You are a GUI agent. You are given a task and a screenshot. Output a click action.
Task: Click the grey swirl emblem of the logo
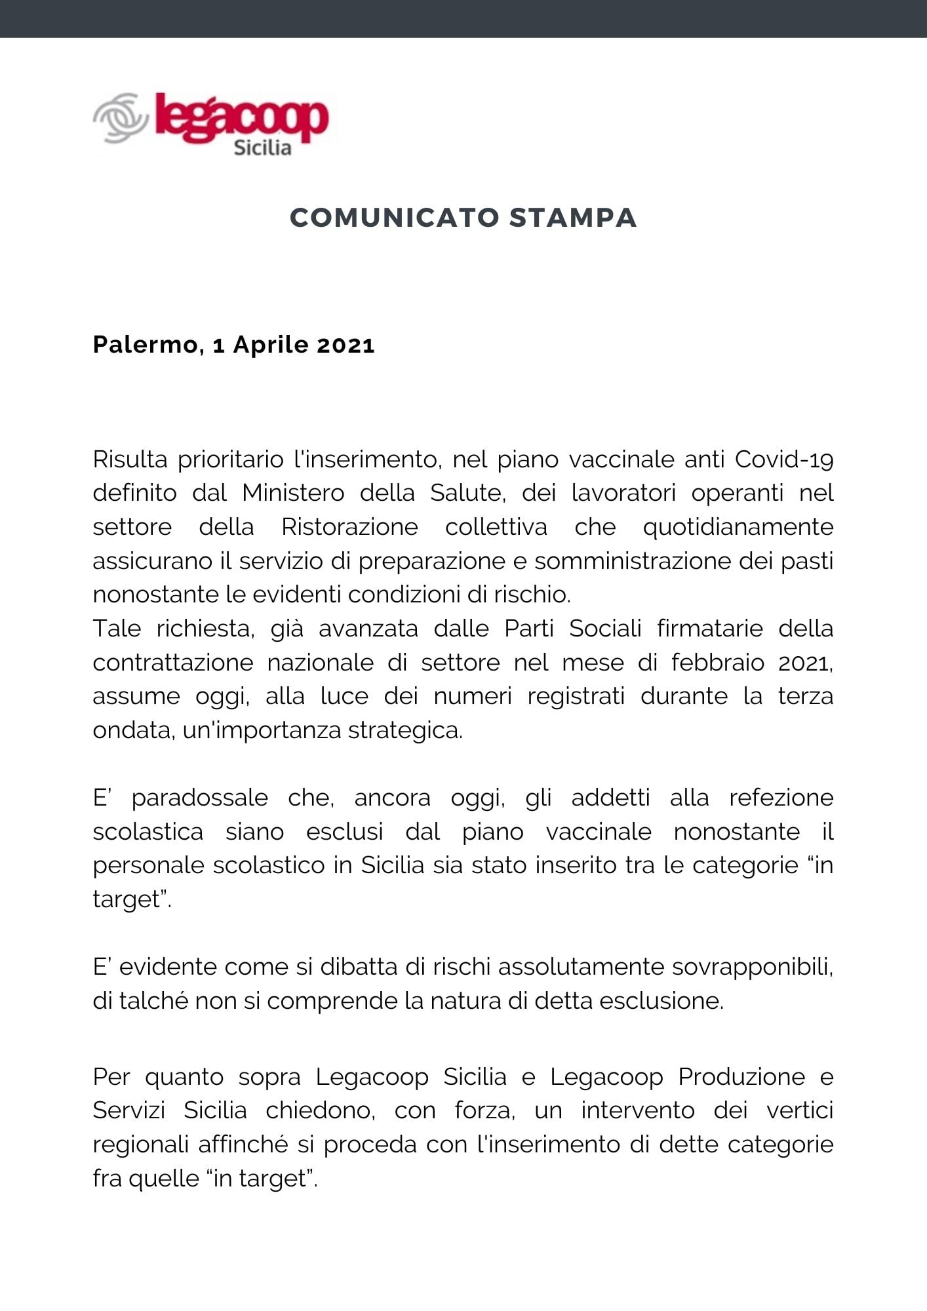120,119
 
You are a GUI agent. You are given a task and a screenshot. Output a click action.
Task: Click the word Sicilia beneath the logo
262,147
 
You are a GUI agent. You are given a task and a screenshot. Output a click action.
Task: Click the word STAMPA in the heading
573,218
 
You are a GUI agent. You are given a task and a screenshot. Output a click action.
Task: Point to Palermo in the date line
145,345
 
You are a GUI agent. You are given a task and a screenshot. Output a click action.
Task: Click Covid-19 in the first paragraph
783,460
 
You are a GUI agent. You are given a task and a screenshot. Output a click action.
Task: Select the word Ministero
293,493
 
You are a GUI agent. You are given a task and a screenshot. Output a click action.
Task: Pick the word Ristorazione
349,527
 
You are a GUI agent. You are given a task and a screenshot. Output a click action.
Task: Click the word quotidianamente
738,527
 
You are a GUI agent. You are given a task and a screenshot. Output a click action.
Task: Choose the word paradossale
199,798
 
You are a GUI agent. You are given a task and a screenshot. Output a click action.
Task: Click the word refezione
781,798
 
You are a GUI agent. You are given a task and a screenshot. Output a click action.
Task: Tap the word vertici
799,1110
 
